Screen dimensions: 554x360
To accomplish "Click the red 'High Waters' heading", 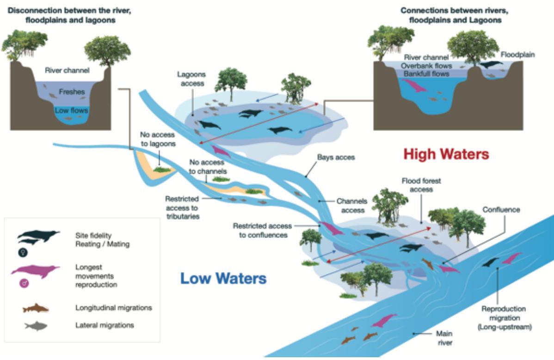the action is (446, 154).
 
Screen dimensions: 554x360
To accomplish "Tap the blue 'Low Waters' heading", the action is (223, 279).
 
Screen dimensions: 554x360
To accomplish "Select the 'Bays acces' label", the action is (336, 158).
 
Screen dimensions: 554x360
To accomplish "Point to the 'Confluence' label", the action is (501, 210).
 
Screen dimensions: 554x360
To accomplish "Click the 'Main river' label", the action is (444, 338).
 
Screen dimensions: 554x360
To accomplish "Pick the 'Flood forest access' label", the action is (421, 185).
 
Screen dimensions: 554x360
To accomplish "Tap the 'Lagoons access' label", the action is (191, 79).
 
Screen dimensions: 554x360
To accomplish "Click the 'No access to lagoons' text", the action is (158, 139).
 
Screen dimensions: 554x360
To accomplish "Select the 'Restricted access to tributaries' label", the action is (182, 207).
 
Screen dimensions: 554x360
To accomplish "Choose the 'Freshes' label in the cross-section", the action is (72, 92).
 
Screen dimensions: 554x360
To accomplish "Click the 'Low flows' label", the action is (71, 110).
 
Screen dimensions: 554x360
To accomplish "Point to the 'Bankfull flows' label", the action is (426, 74).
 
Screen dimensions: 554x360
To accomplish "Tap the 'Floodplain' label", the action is (517, 55).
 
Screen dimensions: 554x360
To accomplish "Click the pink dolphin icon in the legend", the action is (35, 271).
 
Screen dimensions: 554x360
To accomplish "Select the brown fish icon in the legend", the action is (36, 308).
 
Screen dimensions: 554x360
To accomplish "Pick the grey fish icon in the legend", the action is (36, 326).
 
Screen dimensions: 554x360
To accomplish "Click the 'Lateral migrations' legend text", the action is (105, 325).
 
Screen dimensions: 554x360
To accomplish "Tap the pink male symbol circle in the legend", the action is (24, 283).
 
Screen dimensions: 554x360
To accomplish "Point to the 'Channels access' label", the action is (352, 206).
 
